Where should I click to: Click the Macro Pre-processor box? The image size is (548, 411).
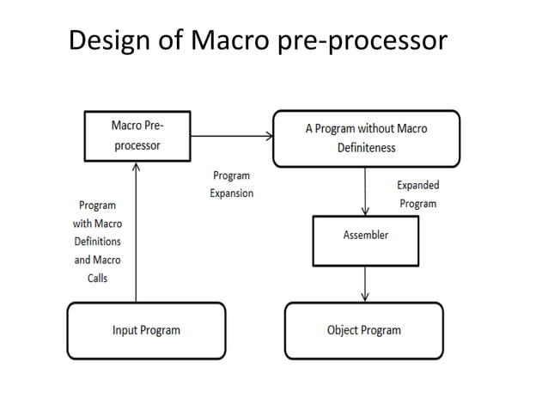(x=137, y=136)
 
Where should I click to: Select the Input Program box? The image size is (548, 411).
(x=146, y=330)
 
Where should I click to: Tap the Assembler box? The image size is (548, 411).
(x=365, y=240)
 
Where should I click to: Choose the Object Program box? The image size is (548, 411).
(x=363, y=330)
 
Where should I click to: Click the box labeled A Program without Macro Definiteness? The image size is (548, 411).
(x=366, y=138)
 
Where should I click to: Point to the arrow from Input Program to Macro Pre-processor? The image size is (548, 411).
(x=136, y=232)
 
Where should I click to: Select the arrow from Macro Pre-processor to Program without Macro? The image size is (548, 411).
(x=232, y=136)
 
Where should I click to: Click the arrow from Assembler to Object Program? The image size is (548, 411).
(x=366, y=283)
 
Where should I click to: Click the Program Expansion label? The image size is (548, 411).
(x=232, y=184)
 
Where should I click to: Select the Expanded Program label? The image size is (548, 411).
(x=417, y=194)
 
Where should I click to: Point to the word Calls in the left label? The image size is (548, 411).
(x=97, y=279)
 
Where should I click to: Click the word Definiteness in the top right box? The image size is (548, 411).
(x=366, y=148)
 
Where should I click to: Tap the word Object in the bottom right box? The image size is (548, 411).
(x=344, y=330)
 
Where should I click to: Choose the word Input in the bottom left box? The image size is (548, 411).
(x=126, y=330)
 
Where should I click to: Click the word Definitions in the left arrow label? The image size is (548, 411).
(x=97, y=242)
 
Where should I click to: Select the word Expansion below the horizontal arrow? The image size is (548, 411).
(x=232, y=193)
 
